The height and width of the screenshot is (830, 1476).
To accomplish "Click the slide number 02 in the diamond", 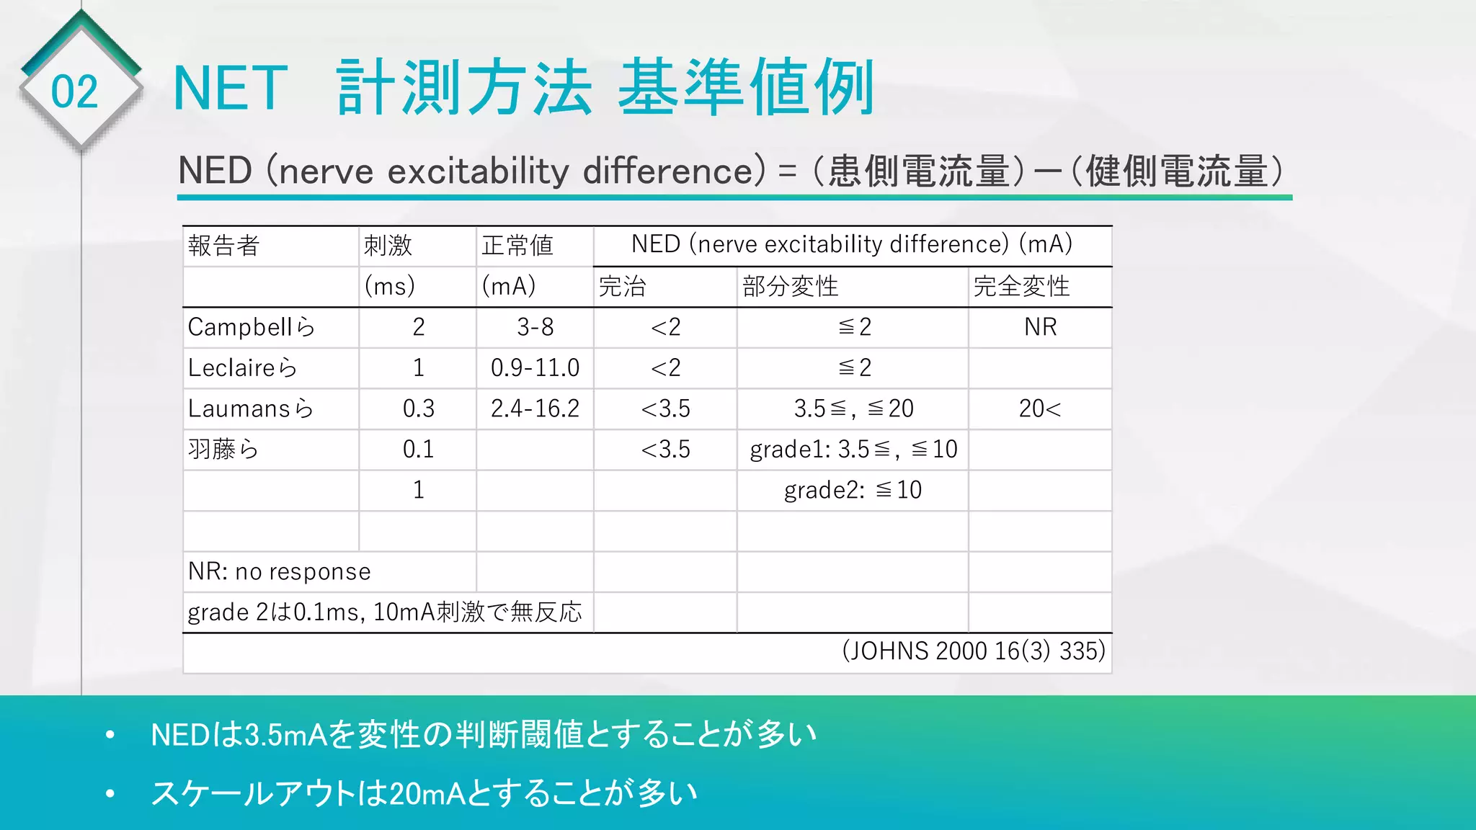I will click(74, 92).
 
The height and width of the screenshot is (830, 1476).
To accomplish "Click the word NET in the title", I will click(231, 89).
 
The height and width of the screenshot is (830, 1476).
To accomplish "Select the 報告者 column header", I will click(223, 246).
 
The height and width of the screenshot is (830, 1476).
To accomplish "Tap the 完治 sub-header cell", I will click(622, 287).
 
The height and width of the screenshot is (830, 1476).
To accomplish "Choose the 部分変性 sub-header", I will click(790, 287).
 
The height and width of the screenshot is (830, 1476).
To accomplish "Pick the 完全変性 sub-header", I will click(1021, 287).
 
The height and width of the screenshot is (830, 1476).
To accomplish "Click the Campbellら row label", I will click(252, 327).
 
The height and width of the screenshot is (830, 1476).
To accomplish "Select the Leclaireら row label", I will click(242, 368).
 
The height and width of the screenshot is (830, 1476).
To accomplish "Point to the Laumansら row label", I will click(251, 409).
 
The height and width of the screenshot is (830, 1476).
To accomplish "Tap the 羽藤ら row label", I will click(223, 450).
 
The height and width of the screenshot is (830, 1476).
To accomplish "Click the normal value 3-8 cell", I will click(535, 327).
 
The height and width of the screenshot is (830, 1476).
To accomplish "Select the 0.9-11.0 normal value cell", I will click(535, 368).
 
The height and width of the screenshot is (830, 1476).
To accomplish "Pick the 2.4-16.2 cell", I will click(535, 409).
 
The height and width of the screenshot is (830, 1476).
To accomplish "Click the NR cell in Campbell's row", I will click(1040, 327).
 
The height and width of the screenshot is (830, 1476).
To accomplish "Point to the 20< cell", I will click(1040, 409).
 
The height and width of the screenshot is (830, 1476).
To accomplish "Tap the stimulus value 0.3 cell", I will click(418, 409).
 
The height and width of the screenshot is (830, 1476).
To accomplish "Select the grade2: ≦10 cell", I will click(853, 490).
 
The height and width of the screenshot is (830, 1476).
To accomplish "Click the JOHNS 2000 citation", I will click(973, 651).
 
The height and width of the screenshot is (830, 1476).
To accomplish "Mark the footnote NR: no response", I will click(279, 571).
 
